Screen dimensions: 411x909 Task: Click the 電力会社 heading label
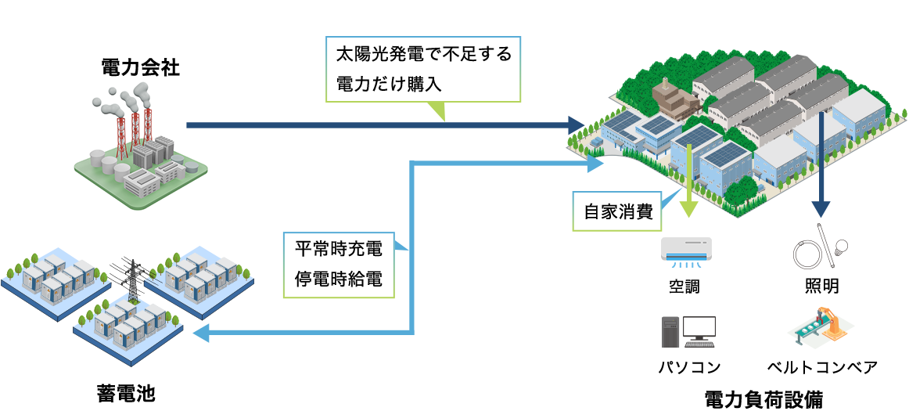pos(141,68)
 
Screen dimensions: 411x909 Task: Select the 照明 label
pos(821,287)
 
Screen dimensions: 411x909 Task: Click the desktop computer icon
pos(688,331)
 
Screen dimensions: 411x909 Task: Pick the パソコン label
pos(689,367)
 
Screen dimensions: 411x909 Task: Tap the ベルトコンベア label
pos(822,367)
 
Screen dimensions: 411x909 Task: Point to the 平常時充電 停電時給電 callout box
pos(338,264)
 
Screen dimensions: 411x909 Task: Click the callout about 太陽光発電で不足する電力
pos(423,69)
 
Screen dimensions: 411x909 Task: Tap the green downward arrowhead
pos(688,208)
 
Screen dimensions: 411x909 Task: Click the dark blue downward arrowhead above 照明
pos(820,208)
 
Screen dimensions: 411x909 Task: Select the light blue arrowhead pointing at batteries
pos(199,334)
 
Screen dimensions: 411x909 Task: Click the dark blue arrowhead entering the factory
pos(576,125)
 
